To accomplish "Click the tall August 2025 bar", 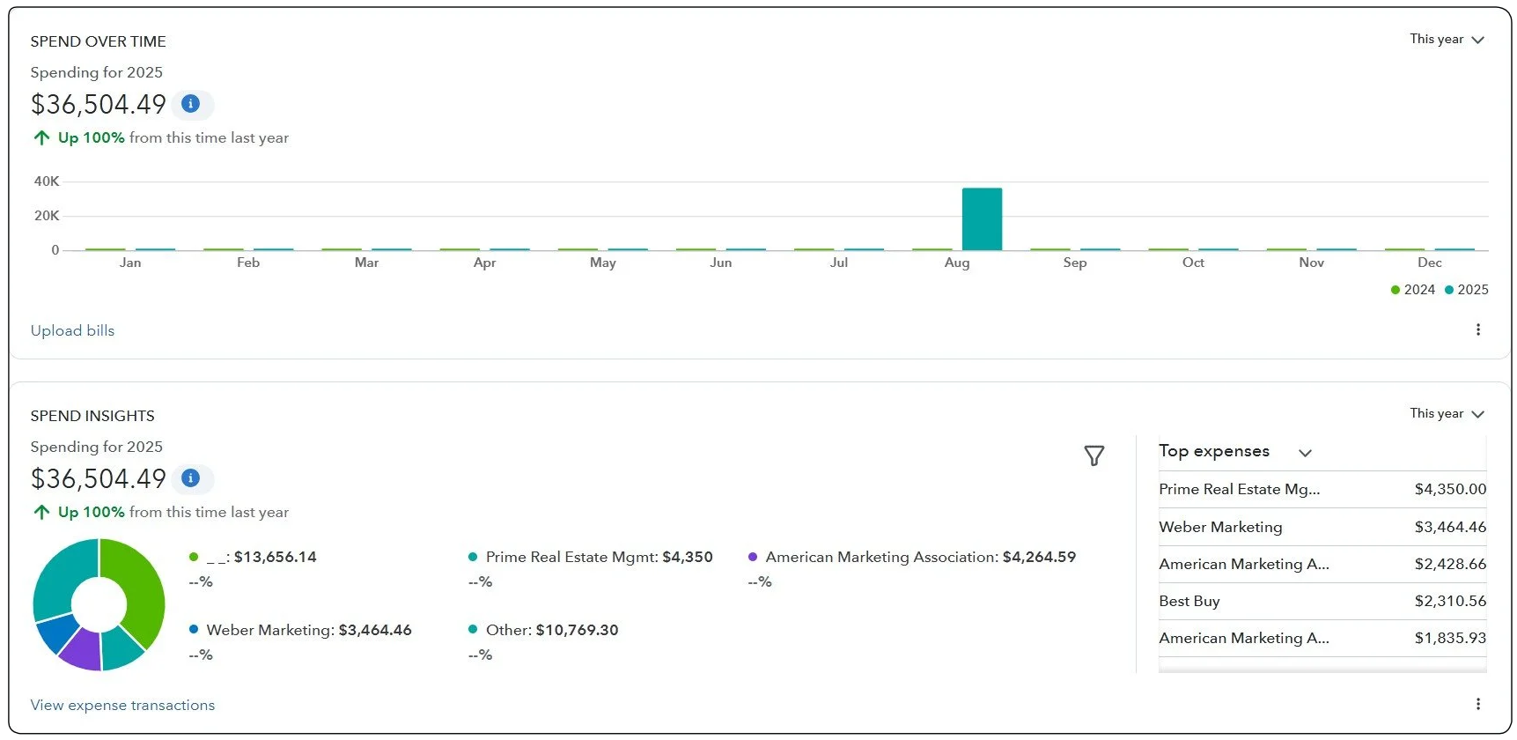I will click(982, 219).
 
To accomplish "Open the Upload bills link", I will click(72, 330).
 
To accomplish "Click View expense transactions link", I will click(122, 705).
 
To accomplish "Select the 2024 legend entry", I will click(1412, 290).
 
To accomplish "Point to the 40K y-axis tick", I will click(47, 181).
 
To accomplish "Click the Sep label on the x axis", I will click(1074, 263).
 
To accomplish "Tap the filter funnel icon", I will click(1094, 455).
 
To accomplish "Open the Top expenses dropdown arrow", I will click(1305, 453).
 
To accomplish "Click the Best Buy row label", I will click(1189, 601).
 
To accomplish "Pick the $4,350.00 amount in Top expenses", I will click(1449, 489).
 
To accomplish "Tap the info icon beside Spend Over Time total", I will click(190, 104).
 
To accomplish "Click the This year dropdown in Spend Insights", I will click(1447, 413).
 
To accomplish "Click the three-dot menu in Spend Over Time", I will click(1477, 329).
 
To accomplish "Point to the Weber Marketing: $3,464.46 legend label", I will click(308, 630).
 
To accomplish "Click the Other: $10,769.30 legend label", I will click(551, 630).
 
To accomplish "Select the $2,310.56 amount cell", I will click(1449, 601).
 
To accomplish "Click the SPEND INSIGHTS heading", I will click(92, 416).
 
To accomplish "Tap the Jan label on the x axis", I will click(130, 263).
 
